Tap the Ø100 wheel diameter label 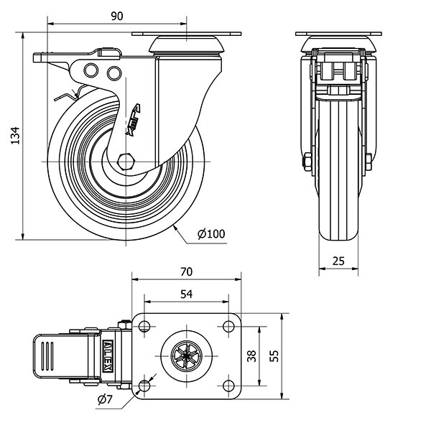coord(210,233)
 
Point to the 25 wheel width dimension coord(340,262)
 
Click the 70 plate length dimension coord(186,271)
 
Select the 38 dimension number coord(251,355)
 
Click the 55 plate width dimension coord(274,355)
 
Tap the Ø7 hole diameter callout coord(105,399)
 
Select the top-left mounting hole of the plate coord(144,327)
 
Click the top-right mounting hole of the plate coord(229,327)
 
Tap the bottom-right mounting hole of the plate coord(229,386)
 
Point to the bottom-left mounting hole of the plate coord(144,386)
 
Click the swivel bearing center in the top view coord(187,356)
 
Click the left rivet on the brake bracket coord(92,70)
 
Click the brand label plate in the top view coord(108,355)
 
